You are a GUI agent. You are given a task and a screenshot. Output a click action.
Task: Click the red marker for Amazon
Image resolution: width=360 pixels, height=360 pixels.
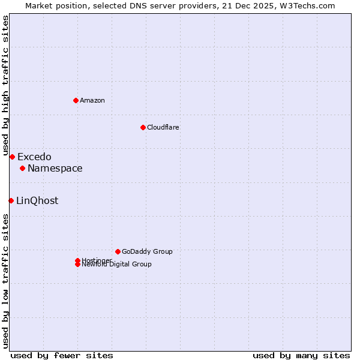coord(76,100)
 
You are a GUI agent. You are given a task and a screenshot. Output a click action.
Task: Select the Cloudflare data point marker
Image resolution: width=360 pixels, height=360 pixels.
coord(143,127)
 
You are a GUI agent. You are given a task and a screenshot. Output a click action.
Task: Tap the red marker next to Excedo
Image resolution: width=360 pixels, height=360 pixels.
coord(12,157)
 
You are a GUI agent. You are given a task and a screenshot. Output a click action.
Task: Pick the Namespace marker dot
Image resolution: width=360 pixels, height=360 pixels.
coord(22,168)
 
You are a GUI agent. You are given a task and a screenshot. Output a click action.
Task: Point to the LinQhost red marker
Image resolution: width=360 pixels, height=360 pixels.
coord(11,200)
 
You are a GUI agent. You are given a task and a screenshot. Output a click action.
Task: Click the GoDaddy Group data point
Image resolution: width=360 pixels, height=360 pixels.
coord(118,251)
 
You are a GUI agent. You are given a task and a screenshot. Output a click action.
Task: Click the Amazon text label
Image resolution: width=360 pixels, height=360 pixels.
coord(92,100)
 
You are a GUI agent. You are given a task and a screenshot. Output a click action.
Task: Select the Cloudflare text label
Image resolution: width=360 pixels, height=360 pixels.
coord(163,127)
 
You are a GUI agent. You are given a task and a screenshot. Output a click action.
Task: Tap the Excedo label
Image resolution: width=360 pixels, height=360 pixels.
coord(34,157)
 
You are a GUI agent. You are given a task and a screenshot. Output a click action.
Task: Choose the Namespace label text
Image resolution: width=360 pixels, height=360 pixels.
coord(55,168)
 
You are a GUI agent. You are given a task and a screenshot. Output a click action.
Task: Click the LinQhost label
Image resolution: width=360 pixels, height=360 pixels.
coord(37,200)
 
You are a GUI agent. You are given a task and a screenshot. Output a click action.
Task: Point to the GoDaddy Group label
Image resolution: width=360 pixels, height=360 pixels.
coord(147,251)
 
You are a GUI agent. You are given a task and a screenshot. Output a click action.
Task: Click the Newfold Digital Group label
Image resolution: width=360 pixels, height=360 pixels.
coord(117,265)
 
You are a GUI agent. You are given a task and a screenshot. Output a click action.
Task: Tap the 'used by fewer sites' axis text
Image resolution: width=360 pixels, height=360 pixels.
coord(62,355)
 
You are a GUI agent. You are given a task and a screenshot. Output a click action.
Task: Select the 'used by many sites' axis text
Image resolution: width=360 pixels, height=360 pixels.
coord(301,355)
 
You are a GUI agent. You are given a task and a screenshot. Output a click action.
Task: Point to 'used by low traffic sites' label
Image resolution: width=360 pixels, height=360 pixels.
coord(5,280)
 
